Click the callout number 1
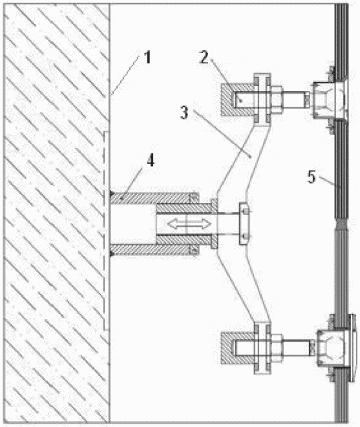click(x=147, y=57)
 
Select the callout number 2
click(x=204, y=57)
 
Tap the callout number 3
click(x=184, y=112)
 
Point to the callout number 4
click(x=151, y=160)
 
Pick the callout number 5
click(x=312, y=177)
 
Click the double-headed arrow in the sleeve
click(x=189, y=224)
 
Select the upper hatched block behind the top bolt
click(x=237, y=100)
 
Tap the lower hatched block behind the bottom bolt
click(x=237, y=348)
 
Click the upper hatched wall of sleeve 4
click(x=154, y=198)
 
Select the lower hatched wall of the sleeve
click(x=154, y=250)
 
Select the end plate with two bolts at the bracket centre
click(x=244, y=224)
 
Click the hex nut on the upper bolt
click(x=277, y=100)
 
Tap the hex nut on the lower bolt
click(x=277, y=348)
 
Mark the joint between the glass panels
click(x=341, y=224)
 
